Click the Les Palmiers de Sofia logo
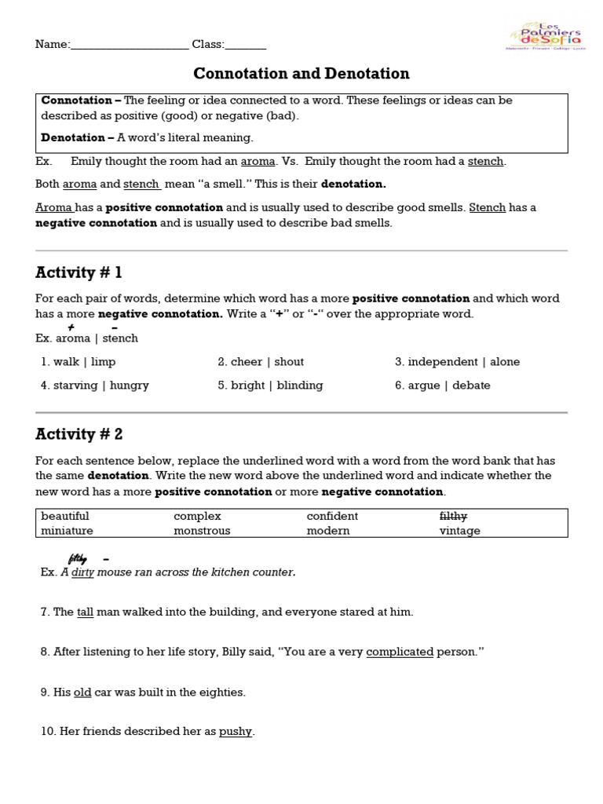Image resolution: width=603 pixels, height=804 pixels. [x=544, y=35]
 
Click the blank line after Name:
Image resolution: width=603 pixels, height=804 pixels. [x=130, y=46]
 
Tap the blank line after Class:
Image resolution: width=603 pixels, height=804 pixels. [x=246, y=46]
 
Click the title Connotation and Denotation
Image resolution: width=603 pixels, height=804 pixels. [x=301, y=74]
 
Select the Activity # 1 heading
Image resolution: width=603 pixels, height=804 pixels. [x=79, y=273]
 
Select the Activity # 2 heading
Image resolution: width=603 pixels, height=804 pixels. [x=79, y=434]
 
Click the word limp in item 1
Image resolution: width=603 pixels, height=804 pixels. [x=103, y=362]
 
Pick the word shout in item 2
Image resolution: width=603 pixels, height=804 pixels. [x=289, y=362]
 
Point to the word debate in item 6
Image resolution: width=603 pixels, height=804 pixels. [x=471, y=386]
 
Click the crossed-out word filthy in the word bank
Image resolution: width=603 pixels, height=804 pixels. [x=453, y=516]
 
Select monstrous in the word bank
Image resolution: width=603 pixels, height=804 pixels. [x=202, y=531]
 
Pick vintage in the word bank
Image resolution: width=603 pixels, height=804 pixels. [x=459, y=531]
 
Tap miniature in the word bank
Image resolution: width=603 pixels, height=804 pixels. [x=67, y=531]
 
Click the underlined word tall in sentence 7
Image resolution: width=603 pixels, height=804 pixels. [x=85, y=612]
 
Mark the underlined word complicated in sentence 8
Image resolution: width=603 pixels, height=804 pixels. [x=400, y=652]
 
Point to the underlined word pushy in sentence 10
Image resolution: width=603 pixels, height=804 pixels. [x=236, y=732]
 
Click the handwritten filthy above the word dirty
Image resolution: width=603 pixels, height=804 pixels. [x=77, y=559]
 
